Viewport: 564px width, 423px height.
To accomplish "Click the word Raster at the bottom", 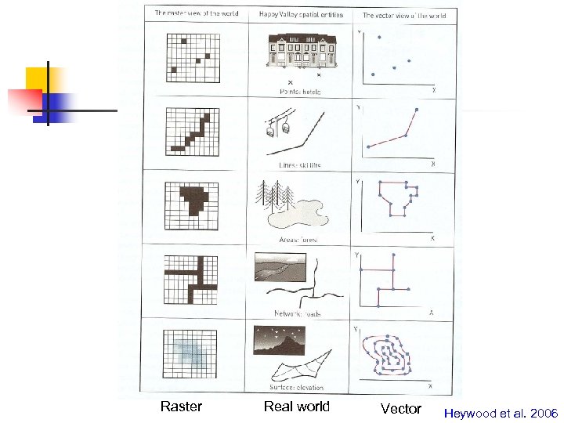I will coord(181,407).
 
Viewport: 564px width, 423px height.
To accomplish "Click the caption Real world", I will coord(297,407).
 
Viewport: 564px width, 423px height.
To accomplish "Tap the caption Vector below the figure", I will coord(400,408).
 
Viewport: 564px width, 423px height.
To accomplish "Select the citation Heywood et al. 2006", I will coord(501,413).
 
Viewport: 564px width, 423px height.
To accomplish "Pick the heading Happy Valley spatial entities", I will coord(297,15).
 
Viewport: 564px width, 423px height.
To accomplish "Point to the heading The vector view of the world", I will coord(404,15).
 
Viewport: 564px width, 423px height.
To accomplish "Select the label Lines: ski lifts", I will coord(299,165).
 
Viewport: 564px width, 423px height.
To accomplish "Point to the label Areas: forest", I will coord(299,239).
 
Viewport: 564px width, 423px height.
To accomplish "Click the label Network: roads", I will coord(298,314).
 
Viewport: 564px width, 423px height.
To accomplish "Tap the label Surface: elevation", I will coord(298,388).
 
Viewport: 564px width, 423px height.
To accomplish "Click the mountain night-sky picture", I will coord(275,341).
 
